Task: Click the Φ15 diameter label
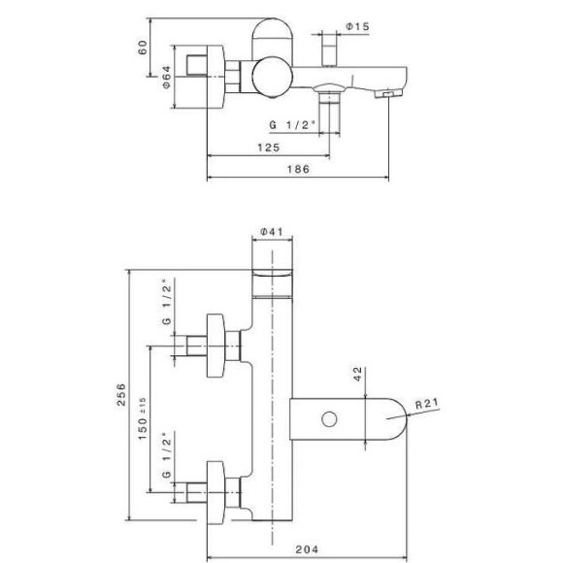[x=357, y=26]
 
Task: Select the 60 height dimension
[x=143, y=48]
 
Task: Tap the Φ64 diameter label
[x=167, y=77]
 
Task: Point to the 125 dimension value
[x=268, y=148]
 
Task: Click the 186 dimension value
[x=298, y=169]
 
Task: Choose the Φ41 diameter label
[x=272, y=232]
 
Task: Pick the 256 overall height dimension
[x=121, y=394]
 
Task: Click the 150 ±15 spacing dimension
[x=143, y=418]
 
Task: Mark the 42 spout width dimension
[x=358, y=374]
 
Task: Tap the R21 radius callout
[x=427, y=404]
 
